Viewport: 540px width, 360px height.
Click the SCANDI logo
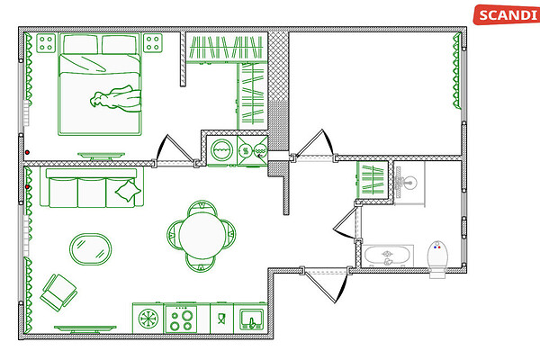(x=506, y=14)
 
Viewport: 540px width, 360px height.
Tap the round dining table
(x=202, y=236)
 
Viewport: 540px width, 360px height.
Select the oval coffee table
(x=91, y=249)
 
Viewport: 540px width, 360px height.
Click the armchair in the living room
(x=58, y=292)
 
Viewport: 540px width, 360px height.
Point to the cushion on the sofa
(x=128, y=191)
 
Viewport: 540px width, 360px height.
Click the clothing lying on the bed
(x=116, y=98)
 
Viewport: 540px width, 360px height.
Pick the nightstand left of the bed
(x=46, y=43)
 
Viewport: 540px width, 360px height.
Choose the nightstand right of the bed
(x=153, y=43)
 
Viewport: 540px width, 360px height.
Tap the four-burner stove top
(x=181, y=319)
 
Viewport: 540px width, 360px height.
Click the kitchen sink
(x=252, y=319)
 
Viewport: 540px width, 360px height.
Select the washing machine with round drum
(x=221, y=150)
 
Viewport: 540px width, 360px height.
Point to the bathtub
(x=388, y=256)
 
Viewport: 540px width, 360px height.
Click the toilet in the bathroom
(x=437, y=259)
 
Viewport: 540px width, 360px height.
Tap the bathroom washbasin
(x=409, y=182)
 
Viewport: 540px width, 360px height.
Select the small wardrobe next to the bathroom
(x=373, y=179)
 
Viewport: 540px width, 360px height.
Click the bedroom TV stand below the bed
(x=101, y=156)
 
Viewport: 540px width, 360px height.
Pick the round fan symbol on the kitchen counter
(x=148, y=319)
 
